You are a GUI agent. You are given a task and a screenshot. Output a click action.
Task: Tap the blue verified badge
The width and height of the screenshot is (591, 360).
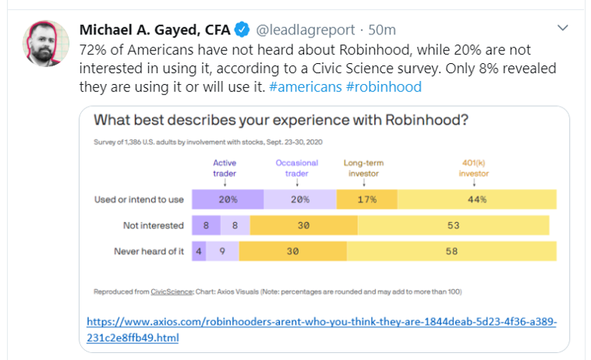(x=242, y=30)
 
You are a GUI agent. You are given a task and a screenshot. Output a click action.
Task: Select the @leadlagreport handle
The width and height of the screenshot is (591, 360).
(x=305, y=30)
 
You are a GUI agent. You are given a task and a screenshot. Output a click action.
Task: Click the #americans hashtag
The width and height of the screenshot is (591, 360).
(x=305, y=86)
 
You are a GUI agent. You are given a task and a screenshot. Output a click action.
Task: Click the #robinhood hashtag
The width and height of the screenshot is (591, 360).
(x=384, y=86)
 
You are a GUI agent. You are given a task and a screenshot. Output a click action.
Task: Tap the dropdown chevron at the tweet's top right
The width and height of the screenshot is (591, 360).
(x=563, y=28)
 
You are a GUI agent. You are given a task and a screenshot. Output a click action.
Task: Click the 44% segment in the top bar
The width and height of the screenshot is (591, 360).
(x=477, y=199)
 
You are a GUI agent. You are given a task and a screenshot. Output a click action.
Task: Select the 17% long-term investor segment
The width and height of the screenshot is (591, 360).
(x=366, y=199)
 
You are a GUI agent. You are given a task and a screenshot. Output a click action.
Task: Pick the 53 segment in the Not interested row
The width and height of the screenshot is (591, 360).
(x=453, y=226)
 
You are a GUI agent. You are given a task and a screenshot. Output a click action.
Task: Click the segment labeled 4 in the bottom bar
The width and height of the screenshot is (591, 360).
(x=199, y=252)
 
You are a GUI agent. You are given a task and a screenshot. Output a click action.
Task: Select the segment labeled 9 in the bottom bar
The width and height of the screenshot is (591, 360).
(x=223, y=252)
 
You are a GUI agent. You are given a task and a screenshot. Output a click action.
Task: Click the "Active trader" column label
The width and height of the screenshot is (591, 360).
(x=225, y=168)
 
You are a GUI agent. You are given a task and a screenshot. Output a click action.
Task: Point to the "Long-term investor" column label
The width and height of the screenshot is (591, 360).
(x=364, y=168)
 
